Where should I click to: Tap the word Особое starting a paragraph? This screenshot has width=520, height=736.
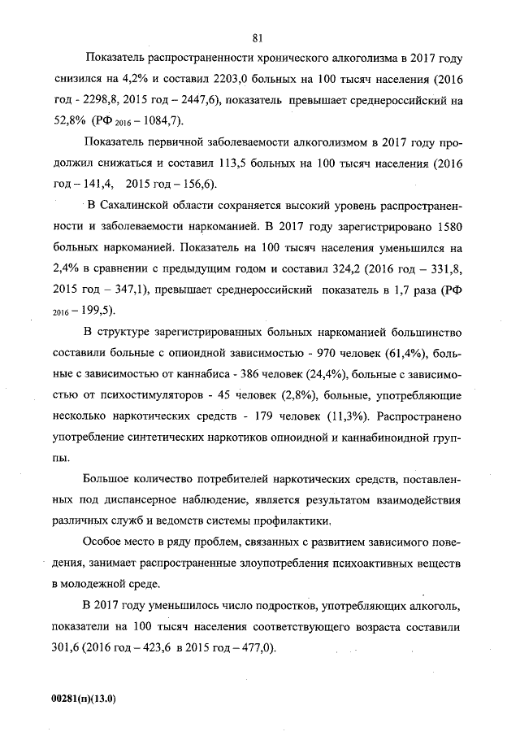coord(102,541)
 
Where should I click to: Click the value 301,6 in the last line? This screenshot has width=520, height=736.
coord(66,648)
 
